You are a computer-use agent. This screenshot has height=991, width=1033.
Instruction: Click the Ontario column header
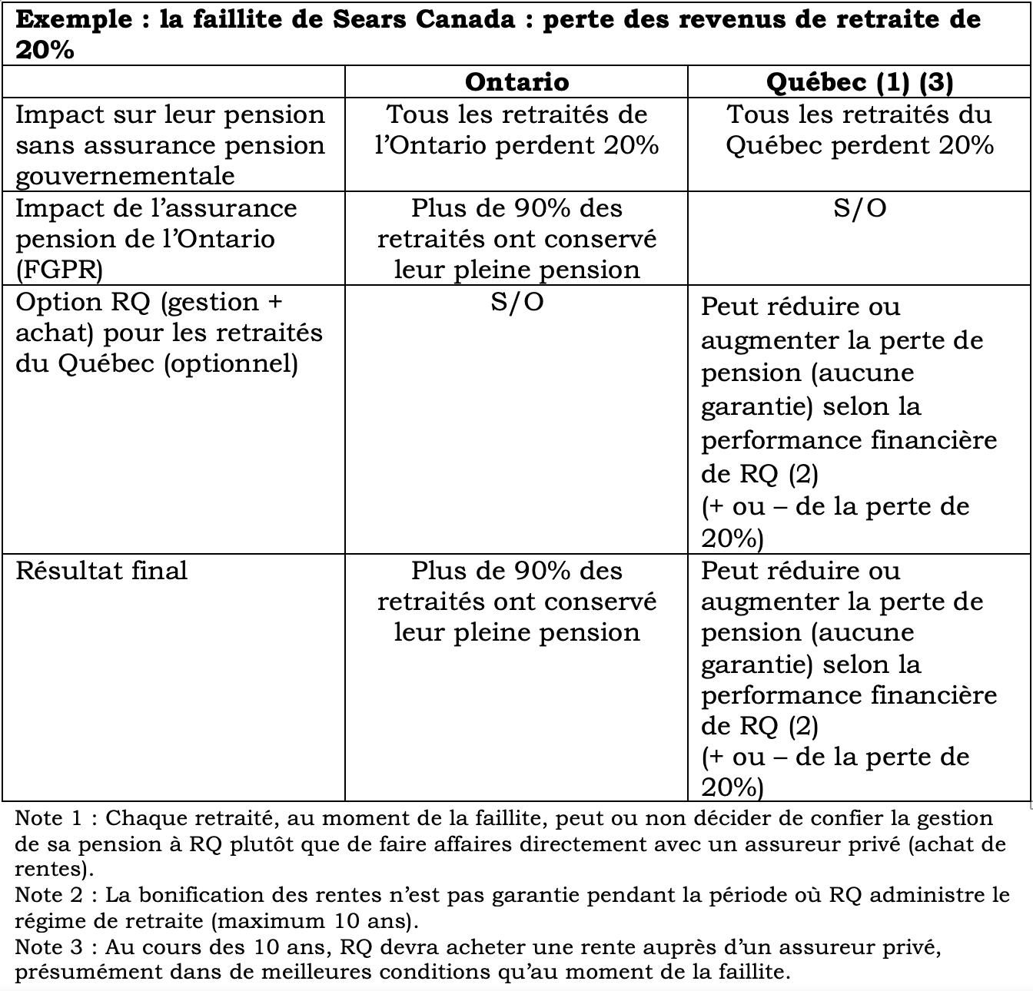point(516,81)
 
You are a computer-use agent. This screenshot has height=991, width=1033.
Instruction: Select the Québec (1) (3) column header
point(859,81)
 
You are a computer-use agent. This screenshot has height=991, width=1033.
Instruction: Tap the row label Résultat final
point(101,571)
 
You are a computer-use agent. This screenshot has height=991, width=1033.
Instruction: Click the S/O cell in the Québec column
point(859,208)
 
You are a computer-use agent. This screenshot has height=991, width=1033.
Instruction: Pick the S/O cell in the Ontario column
point(516,302)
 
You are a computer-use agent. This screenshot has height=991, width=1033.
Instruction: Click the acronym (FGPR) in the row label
point(59,270)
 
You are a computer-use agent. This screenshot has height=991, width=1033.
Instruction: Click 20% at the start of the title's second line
point(45,50)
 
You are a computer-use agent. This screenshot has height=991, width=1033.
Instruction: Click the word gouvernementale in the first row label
point(125,176)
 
